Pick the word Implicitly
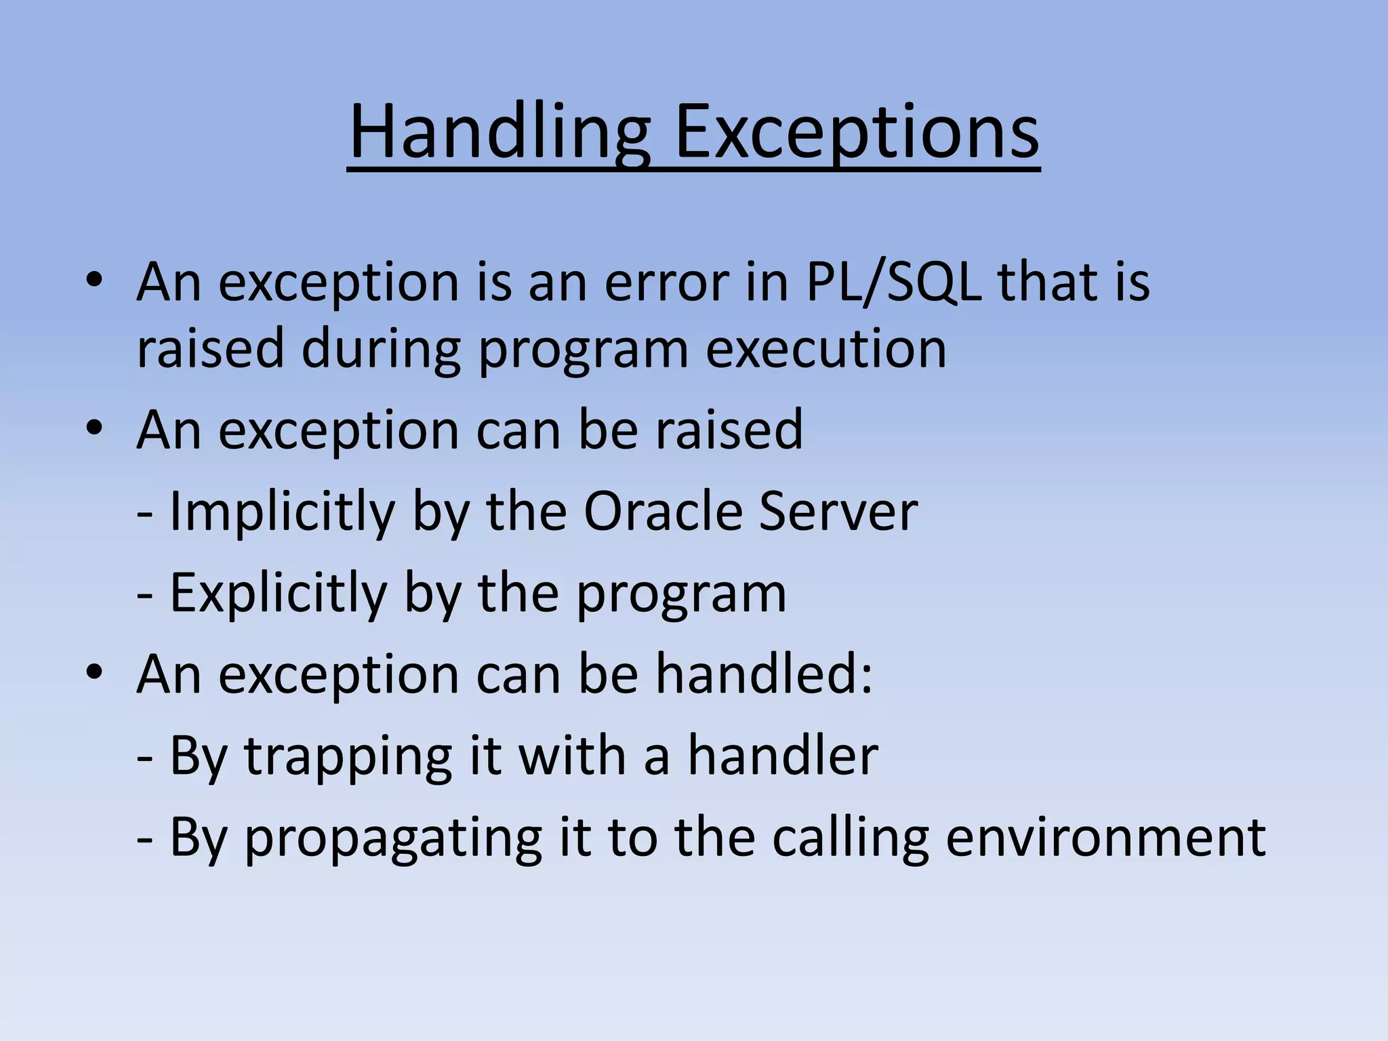(282, 512)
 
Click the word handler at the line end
(783, 756)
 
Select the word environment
(1105, 837)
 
